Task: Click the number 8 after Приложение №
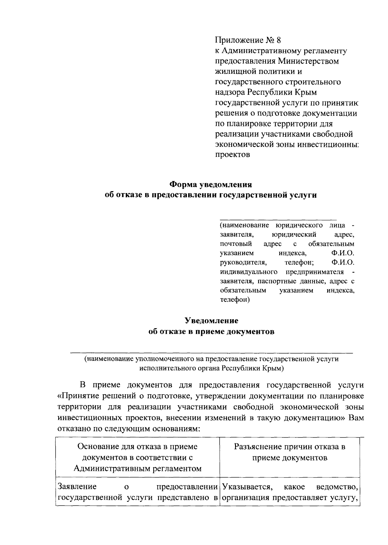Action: (279, 40)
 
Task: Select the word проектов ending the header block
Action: (232, 155)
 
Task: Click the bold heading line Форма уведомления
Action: (211, 185)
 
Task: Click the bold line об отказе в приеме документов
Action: (211, 332)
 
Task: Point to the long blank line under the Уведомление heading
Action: (211, 353)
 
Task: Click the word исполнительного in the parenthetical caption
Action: (165, 368)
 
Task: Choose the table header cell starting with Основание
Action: (137, 458)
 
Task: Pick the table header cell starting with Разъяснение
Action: (290, 452)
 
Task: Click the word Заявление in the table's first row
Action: (77, 486)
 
